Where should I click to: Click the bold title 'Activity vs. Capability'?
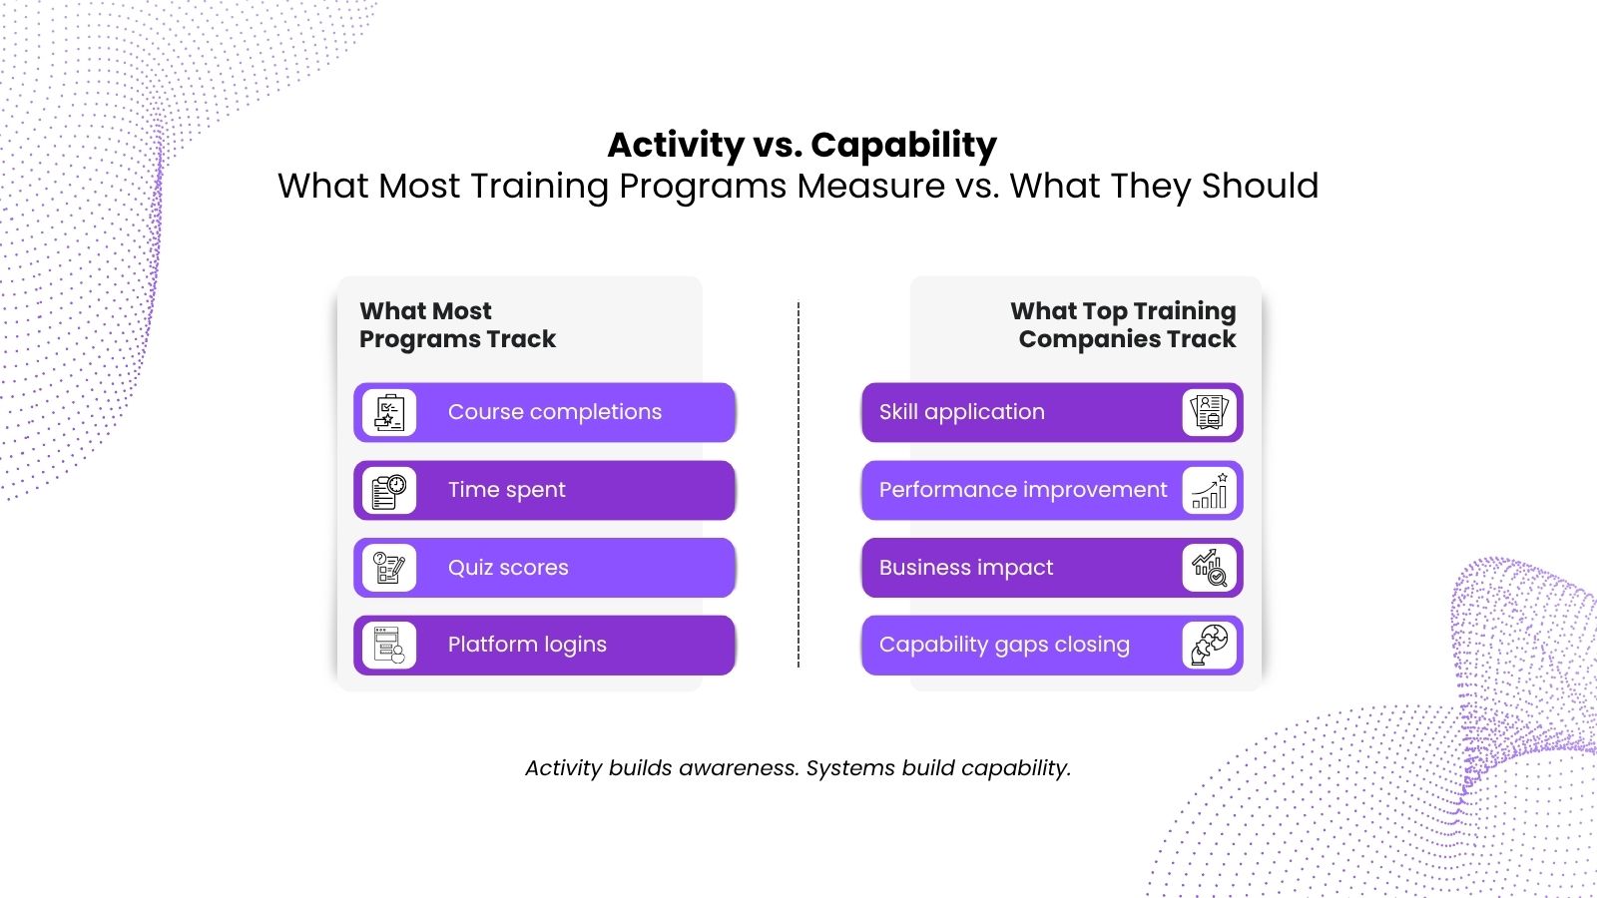coord(802,145)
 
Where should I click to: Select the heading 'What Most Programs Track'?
coord(457,325)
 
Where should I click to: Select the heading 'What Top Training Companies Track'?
coord(1123,325)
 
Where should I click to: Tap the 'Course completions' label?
coord(555,412)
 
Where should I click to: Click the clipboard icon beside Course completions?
coord(389,413)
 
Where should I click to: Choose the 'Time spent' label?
coord(506,490)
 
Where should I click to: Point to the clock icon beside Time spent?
coord(389,490)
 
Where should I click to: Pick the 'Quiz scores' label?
coord(508,568)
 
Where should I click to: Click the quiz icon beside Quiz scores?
coord(389,568)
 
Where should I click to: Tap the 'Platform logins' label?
coord(527,645)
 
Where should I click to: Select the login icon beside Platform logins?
coord(389,646)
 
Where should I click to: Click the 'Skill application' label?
coord(962,412)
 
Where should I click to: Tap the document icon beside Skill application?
coord(1209,413)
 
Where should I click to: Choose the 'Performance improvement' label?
coord(1023,490)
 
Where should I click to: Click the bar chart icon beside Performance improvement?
coord(1209,490)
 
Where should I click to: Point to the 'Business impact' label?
coord(966,568)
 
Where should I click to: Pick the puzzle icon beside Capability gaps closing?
coord(1209,646)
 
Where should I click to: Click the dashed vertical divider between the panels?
coord(798,485)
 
